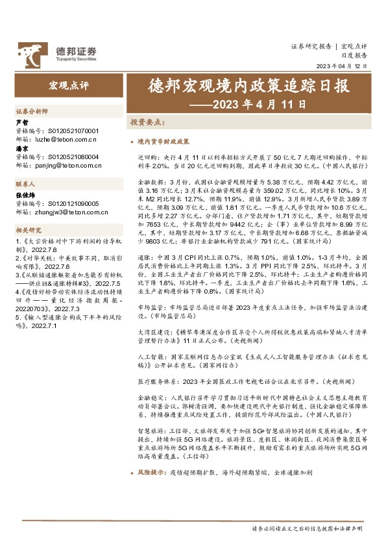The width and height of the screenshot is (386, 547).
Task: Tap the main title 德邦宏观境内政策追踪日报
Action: click(x=248, y=86)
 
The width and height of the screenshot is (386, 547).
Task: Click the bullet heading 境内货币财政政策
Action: click(x=163, y=141)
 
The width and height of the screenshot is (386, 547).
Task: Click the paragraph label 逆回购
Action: click(x=147, y=157)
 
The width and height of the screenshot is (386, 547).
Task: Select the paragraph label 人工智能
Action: click(x=149, y=357)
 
